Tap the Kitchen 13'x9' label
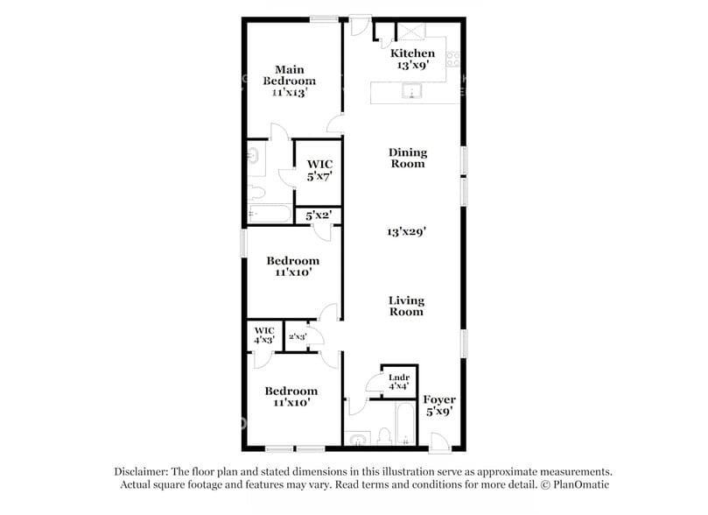click(412, 60)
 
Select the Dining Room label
click(408, 158)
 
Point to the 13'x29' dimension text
click(407, 232)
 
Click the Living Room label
click(406, 306)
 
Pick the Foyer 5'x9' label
click(439, 405)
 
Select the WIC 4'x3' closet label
click(264, 335)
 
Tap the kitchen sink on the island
click(410, 92)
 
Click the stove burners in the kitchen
click(453, 60)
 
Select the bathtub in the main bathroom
click(268, 215)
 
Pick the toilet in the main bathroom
click(256, 193)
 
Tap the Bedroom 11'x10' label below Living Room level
click(291, 397)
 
